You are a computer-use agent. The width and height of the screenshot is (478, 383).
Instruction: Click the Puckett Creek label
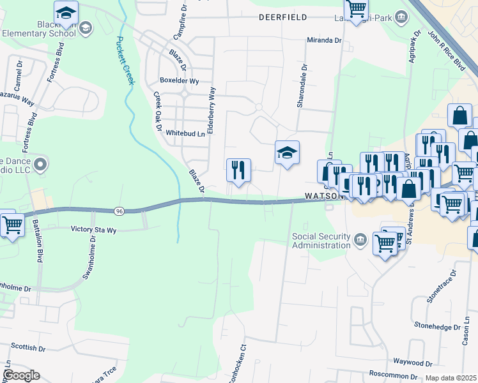pos(125,61)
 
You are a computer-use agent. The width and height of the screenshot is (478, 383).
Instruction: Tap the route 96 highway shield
pos(119,211)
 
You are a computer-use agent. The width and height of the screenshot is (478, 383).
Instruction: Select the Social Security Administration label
pos(321,240)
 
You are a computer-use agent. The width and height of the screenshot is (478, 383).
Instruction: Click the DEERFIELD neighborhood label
pos(282,18)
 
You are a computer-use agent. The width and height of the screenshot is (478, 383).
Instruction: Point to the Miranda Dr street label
pos(325,40)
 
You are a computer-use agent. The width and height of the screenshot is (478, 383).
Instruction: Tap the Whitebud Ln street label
pos(185,133)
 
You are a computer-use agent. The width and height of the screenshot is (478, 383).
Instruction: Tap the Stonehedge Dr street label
pos(437,326)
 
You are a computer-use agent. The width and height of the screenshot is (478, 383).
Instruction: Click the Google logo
pos(21,375)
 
